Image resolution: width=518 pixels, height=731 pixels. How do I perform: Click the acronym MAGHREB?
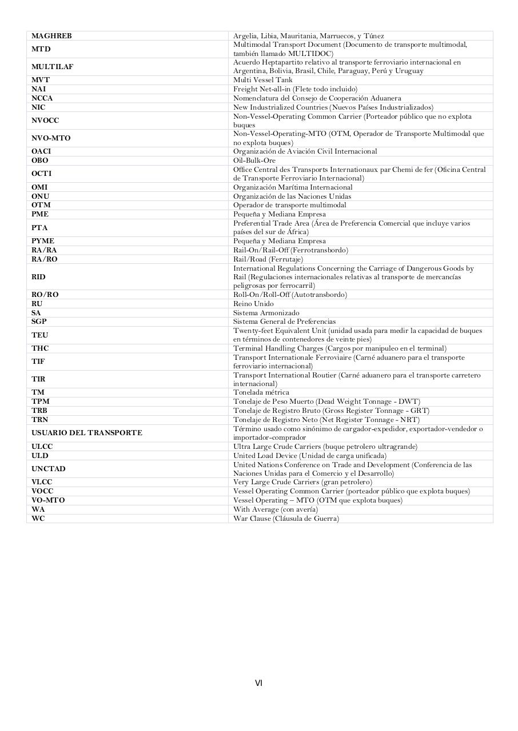(x=51, y=36)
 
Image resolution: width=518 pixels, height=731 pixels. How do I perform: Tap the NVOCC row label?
(x=45, y=121)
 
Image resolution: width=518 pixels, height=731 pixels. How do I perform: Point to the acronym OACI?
(x=41, y=151)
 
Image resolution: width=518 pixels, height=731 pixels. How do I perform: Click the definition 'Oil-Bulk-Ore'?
(x=254, y=160)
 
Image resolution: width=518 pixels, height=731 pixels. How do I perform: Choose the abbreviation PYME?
(x=43, y=241)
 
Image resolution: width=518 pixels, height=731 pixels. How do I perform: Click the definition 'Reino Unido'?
(x=253, y=304)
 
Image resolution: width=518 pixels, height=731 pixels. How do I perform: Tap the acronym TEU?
(x=40, y=335)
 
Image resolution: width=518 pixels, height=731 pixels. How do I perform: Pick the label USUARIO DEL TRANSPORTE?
(x=87, y=433)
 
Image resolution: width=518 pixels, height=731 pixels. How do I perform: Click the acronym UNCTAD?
(x=49, y=469)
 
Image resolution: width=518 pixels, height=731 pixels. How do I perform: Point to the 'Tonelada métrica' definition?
(x=261, y=392)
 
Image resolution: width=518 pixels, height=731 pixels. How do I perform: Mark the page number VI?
(x=258, y=683)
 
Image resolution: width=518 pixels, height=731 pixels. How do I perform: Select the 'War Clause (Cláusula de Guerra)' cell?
(x=286, y=519)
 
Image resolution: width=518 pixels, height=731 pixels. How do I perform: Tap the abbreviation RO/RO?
(x=45, y=295)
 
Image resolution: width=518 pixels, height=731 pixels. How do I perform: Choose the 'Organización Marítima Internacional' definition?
(x=293, y=187)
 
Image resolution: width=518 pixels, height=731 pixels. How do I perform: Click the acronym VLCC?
(x=42, y=482)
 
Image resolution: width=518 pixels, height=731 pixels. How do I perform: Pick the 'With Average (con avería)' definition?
(x=276, y=509)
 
